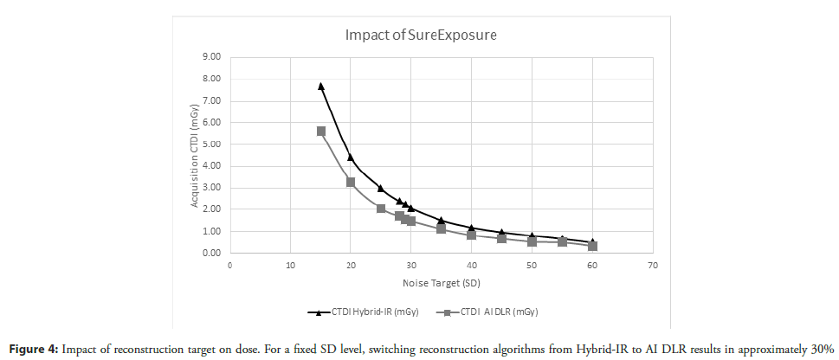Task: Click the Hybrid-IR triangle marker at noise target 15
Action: [x=320, y=86]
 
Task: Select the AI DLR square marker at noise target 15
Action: [x=320, y=131]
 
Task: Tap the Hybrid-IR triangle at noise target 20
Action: [x=351, y=157]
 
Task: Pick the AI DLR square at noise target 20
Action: [x=351, y=182]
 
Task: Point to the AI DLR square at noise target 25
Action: [x=381, y=209]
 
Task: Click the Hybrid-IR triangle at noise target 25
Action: [x=381, y=188]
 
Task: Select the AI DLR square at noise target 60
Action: [x=592, y=246]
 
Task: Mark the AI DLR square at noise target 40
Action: [x=472, y=235]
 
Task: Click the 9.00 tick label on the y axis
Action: [x=211, y=57]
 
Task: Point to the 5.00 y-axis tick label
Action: [x=211, y=145]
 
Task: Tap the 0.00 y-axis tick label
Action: [x=211, y=254]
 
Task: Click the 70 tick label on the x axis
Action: [x=653, y=266]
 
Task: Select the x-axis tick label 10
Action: [x=290, y=266]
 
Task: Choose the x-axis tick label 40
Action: [x=472, y=266]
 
